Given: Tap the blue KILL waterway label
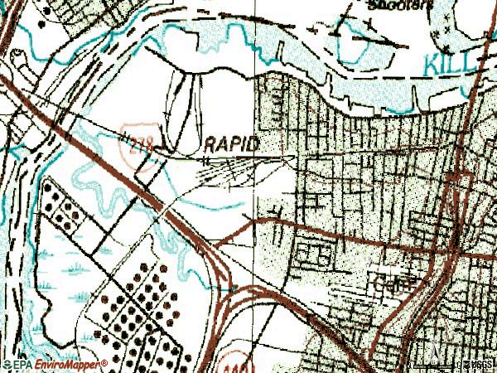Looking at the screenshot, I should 451,61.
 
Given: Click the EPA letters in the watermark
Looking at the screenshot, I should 20,365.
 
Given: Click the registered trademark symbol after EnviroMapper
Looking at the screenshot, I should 104,362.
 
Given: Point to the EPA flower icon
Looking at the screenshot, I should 6,365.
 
